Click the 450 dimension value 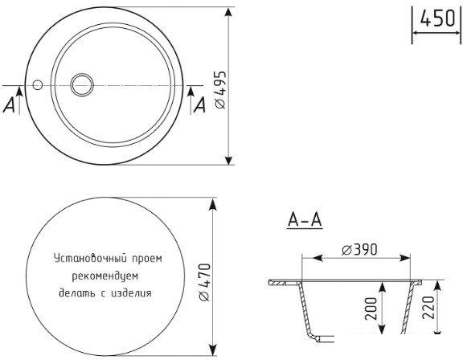(437, 18)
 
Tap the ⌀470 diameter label (204, 282)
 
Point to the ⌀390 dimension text (359, 250)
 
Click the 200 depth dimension (371, 309)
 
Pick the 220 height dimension (428, 308)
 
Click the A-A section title (305, 220)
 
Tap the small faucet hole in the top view (38, 85)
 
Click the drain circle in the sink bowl (82, 84)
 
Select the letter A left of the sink (9, 105)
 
